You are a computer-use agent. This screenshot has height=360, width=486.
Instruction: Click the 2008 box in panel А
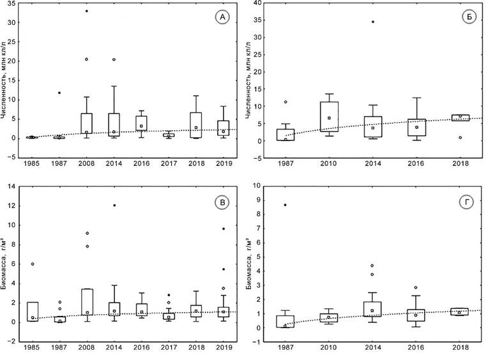(x=87, y=123)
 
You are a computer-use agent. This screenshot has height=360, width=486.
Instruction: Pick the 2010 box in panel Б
(x=330, y=117)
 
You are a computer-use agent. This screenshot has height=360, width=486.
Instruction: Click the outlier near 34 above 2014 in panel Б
(x=373, y=22)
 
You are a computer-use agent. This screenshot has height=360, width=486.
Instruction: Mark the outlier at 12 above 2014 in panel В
(x=114, y=206)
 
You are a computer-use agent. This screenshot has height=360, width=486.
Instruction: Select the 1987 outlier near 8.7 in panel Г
(x=285, y=205)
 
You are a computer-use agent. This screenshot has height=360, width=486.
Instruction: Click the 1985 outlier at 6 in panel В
(x=32, y=264)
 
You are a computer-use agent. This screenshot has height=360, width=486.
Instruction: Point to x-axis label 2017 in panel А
(x=169, y=164)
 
